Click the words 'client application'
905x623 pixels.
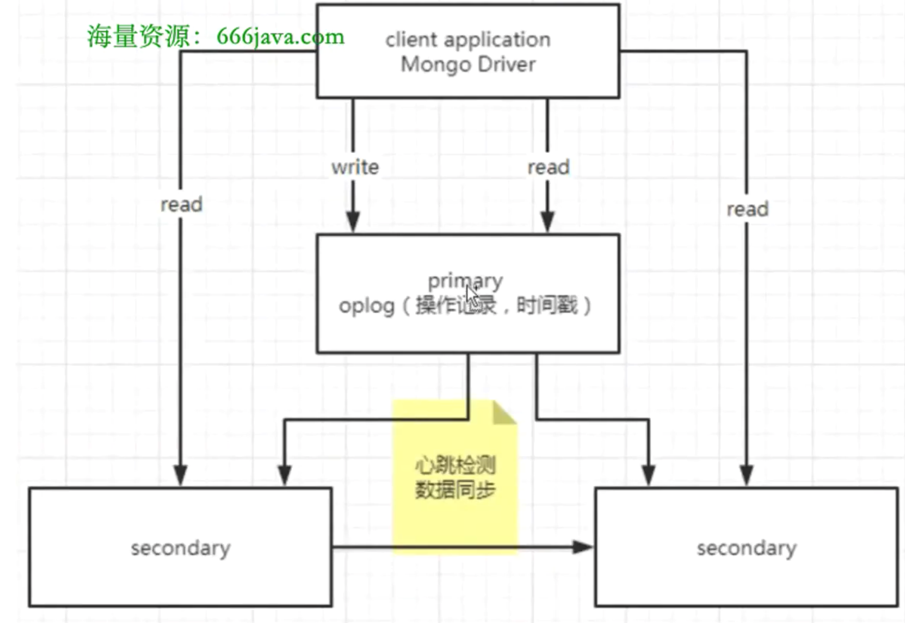[468, 40]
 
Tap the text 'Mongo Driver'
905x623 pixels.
[468, 65]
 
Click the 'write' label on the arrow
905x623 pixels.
[355, 167]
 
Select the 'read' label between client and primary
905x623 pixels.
[548, 167]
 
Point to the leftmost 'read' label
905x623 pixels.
[181, 204]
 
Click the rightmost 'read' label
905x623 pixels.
[747, 209]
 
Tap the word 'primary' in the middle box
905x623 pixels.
[465, 281]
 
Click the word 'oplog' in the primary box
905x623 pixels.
[366, 307]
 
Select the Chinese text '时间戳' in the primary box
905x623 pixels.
[547, 306]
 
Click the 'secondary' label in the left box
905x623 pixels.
[181, 548]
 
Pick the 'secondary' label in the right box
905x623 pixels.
[747, 548]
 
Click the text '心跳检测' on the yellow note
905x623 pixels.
[455, 465]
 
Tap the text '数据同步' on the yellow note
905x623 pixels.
[455, 490]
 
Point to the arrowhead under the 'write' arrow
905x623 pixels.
[353, 222]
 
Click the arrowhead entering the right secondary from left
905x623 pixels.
[582, 547]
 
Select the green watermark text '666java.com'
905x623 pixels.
[280, 37]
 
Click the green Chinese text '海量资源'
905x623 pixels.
[139, 36]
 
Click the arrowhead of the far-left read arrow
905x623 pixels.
[181, 475]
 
